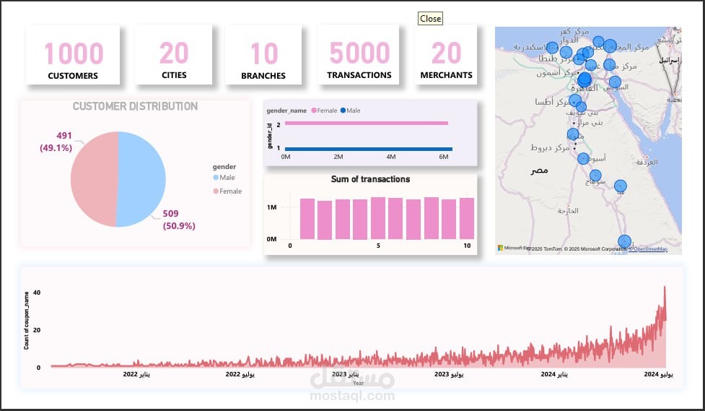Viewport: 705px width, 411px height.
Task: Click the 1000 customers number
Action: (x=74, y=53)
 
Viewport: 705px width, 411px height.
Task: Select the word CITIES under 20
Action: (x=174, y=75)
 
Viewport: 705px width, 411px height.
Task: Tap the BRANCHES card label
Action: (x=263, y=75)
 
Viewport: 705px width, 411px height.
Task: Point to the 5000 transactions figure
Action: (x=359, y=53)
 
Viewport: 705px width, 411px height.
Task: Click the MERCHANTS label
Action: (x=447, y=75)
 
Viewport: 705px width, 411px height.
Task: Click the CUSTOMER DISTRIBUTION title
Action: (x=135, y=106)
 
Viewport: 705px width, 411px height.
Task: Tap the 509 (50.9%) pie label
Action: (x=178, y=220)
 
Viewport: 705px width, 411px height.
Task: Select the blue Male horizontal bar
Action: (x=369, y=149)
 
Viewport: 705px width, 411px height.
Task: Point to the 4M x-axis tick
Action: (x=391, y=157)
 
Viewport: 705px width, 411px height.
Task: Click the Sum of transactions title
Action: (x=370, y=179)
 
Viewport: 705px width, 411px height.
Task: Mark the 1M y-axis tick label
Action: (x=272, y=207)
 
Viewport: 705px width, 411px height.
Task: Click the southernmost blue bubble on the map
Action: (x=625, y=241)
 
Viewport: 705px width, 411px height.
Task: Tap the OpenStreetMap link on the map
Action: (x=650, y=249)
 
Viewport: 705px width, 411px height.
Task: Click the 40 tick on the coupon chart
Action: (x=37, y=293)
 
